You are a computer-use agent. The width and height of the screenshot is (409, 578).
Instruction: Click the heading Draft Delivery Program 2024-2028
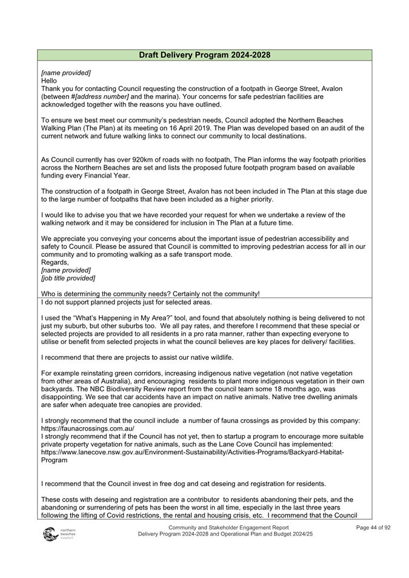204,55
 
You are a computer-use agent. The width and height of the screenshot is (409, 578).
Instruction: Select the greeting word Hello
49,81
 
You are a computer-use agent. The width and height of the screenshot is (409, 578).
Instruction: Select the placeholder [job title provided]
68,278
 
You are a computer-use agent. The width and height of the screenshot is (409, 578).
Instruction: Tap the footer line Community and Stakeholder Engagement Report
228,528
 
